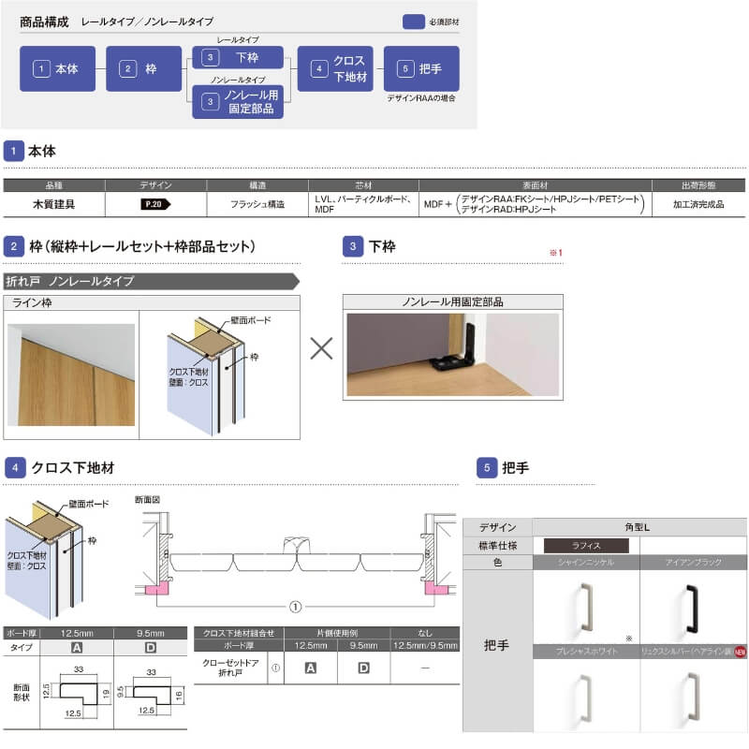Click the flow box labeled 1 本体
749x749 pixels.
pos(57,68)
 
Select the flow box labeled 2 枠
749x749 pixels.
pos(143,68)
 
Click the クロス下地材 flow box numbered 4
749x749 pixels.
pos(335,68)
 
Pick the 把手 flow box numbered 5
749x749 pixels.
pos(421,68)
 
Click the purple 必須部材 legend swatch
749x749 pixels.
pos(414,22)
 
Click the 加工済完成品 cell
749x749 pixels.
pos(698,203)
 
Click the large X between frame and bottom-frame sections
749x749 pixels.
pos(321,349)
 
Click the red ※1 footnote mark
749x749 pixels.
pos(555,253)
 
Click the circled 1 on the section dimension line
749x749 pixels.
pos(296,607)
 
